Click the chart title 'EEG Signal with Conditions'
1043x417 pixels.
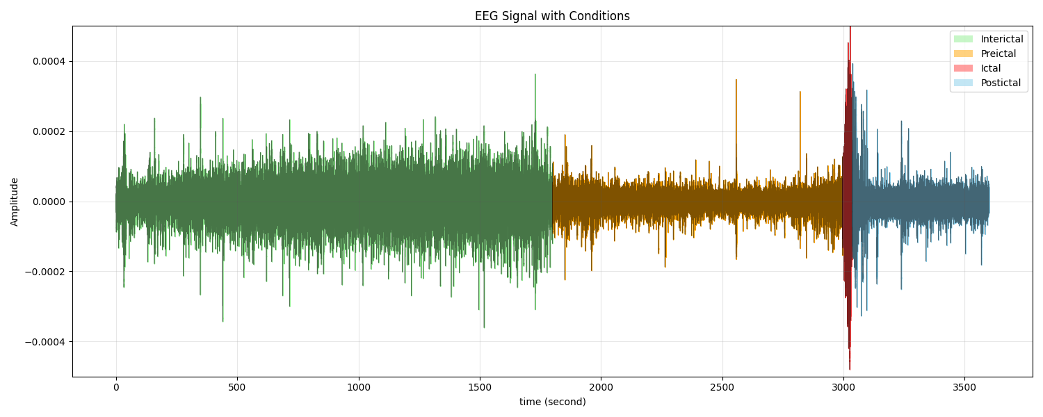coord(552,16)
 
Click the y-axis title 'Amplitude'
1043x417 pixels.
coord(15,202)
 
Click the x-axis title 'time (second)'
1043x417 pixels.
coord(552,402)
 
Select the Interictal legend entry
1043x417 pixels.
coord(1001,39)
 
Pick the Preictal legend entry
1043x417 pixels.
coord(998,54)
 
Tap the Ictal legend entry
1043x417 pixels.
coord(990,68)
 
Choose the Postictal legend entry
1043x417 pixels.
coord(1001,83)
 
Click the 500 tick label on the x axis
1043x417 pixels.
coord(237,386)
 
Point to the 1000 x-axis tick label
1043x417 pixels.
coord(358,386)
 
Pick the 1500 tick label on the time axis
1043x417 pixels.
coord(479,386)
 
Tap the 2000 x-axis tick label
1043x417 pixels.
coord(601,386)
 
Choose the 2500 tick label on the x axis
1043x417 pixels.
coord(722,386)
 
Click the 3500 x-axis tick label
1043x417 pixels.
coord(964,386)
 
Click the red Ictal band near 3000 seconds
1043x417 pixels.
coord(847,202)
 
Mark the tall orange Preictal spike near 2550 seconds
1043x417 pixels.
coord(736,104)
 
